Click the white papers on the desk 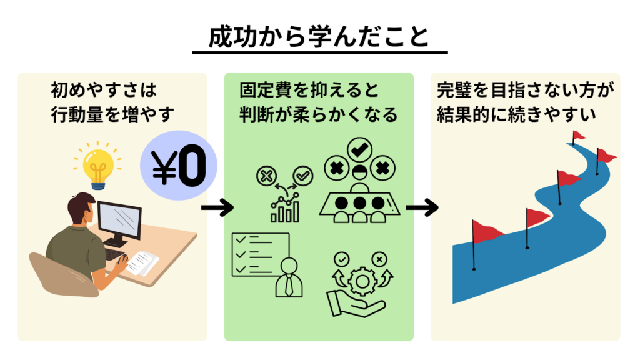(x=142, y=262)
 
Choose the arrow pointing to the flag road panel (x=422, y=208)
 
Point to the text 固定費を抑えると (x=309, y=91)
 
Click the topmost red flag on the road (x=578, y=136)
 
